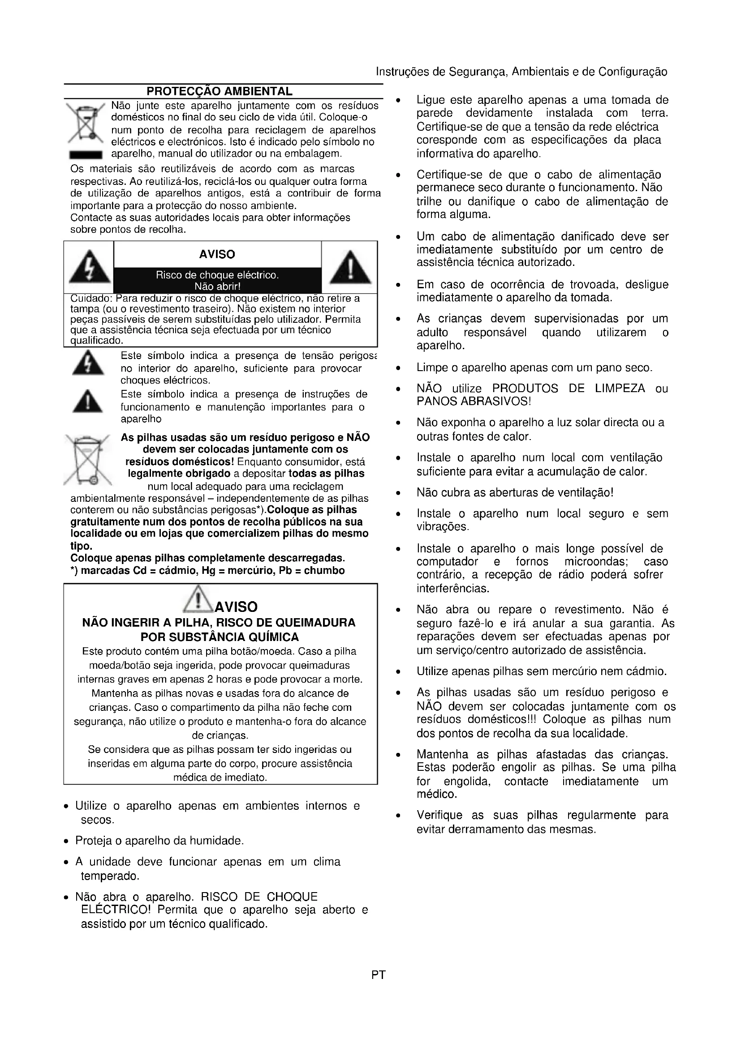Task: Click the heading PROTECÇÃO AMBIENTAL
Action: tap(220, 91)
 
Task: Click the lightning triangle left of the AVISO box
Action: tap(89, 267)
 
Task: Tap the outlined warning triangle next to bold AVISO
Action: tap(198, 599)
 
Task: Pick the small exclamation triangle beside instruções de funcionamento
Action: tap(88, 402)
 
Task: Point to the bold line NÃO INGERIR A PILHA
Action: tap(219, 623)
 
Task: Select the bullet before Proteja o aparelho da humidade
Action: tap(67, 841)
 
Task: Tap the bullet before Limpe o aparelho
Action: tap(398, 368)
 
